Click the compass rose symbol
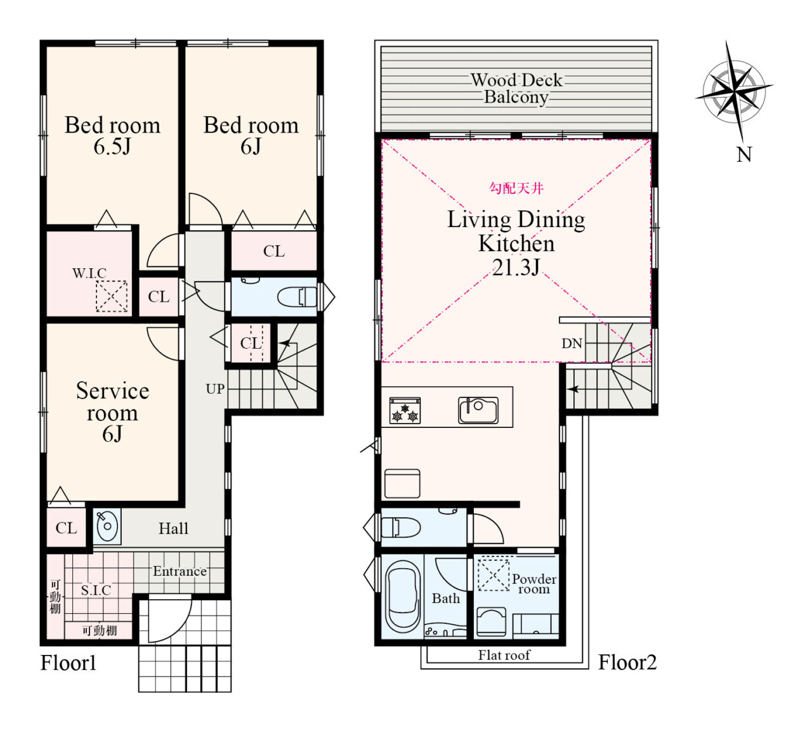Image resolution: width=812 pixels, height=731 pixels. [x=734, y=91]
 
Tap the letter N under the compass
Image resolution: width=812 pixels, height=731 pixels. [x=744, y=155]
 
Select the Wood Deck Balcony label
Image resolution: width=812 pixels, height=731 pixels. [x=516, y=89]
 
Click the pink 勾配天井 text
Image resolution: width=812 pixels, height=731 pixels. [x=516, y=188]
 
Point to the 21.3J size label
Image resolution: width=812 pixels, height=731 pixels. [x=516, y=268]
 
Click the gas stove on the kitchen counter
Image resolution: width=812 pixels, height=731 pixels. [x=405, y=411]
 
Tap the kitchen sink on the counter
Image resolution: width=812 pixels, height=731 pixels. [x=478, y=410]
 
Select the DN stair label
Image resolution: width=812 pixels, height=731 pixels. [x=572, y=344]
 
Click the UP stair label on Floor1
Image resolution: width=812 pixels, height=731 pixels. [x=215, y=389]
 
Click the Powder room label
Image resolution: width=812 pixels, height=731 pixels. [x=534, y=584]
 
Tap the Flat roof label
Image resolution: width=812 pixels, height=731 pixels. [x=504, y=655]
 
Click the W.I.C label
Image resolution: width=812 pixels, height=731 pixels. [x=89, y=273]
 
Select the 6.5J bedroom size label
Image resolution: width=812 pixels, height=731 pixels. [x=112, y=146]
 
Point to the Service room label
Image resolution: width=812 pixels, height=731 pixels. [x=112, y=402]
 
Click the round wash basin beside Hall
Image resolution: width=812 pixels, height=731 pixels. [x=107, y=526]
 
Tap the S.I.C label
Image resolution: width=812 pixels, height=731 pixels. [x=96, y=590]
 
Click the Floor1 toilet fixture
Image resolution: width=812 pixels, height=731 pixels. [x=297, y=297]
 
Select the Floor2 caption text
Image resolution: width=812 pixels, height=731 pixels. [x=627, y=663]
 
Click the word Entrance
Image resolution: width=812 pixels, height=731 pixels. [x=180, y=571]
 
